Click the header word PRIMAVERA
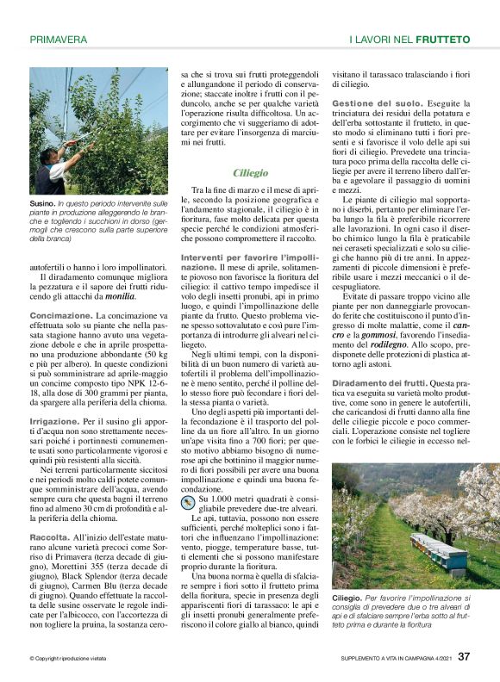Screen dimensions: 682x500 (x=58, y=40)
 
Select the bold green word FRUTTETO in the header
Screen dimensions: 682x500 (x=442, y=40)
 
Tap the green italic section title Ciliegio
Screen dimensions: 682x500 (x=250, y=173)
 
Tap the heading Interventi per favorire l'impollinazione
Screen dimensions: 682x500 (x=249, y=257)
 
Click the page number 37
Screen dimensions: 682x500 (x=464, y=656)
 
